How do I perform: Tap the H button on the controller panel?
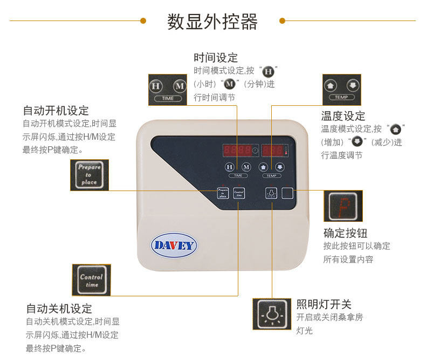click(230, 167)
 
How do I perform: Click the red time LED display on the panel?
click(237, 151)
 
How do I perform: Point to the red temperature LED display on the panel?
click(275, 151)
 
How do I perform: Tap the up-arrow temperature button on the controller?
click(264, 167)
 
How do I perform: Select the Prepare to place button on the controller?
click(222, 193)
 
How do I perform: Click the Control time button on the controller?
click(238, 193)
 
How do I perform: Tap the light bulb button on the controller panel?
click(271, 194)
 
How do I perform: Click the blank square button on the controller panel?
click(288, 194)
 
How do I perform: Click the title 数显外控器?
click(212, 22)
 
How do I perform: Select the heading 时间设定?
click(216, 58)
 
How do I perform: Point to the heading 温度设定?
click(343, 116)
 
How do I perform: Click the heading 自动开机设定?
click(56, 111)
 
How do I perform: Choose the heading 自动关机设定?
click(59, 309)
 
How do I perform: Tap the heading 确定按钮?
click(345, 233)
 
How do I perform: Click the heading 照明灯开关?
click(324, 304)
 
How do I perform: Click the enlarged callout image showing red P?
click(342, 206)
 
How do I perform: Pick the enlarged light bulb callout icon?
click(271, 314)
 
